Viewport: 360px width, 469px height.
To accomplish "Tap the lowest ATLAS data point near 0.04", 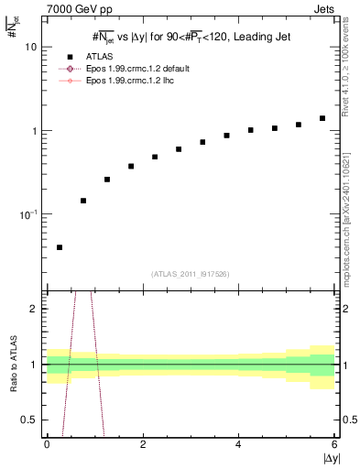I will (x=60, y=247).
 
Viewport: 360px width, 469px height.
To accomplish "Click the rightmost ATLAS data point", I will (x=322, y=118).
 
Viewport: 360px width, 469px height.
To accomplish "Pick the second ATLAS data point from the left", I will (x=83, y=201).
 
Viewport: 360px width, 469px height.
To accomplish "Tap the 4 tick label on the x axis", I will (x=238, y=444).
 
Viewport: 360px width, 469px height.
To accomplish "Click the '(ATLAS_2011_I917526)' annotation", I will (x=191, y=273).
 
